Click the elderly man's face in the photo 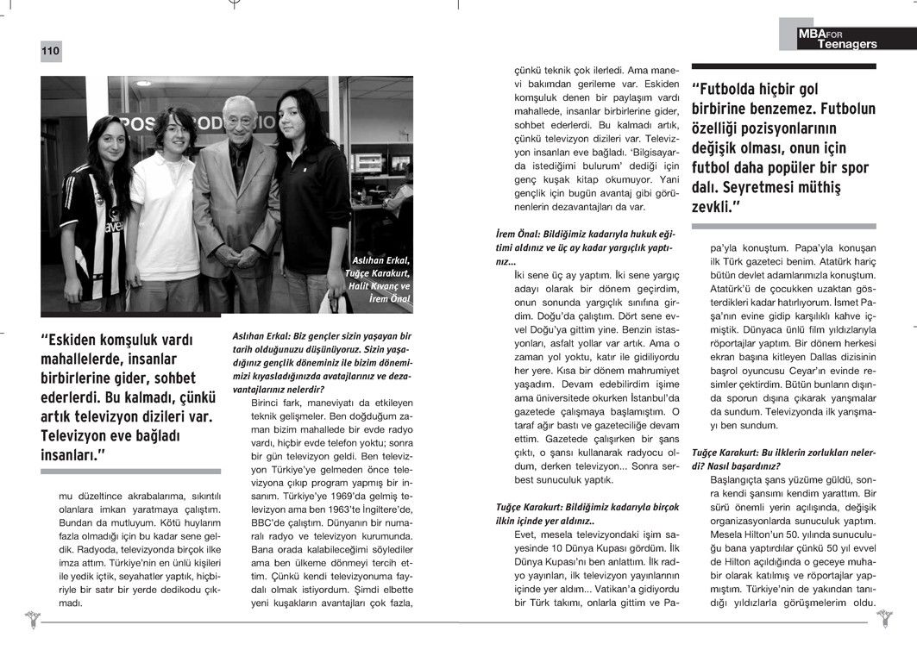235,116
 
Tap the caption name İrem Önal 388,298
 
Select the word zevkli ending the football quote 714,207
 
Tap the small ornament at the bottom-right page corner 883,617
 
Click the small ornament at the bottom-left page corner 33,617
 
